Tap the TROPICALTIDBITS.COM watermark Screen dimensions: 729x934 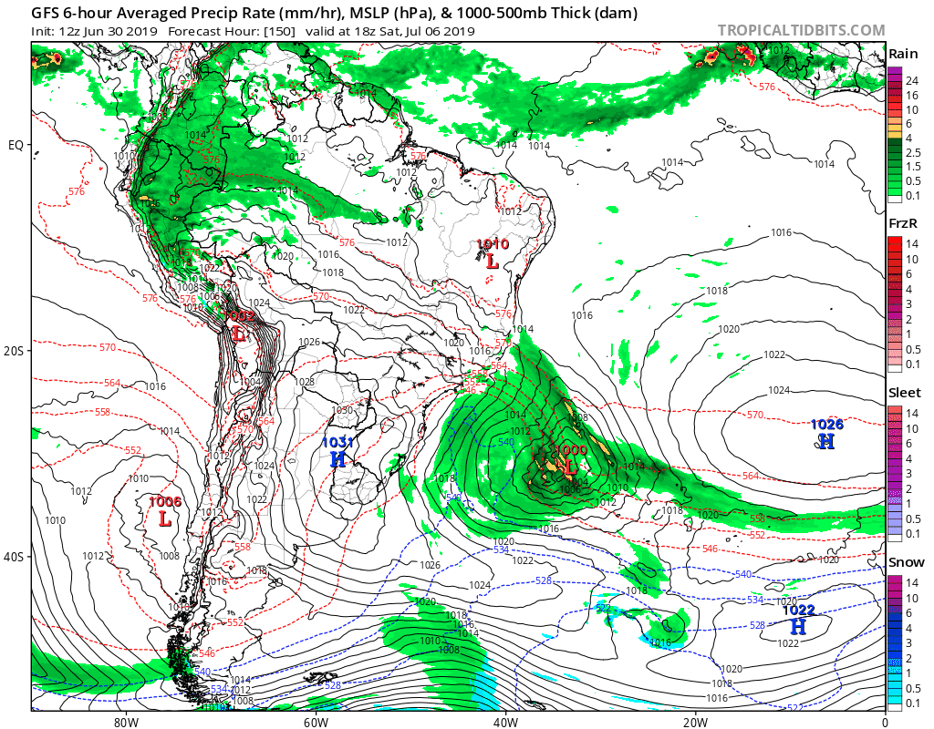click(800, 30)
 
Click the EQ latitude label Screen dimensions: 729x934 click(16, 145)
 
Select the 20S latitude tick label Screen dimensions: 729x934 click(16, 351)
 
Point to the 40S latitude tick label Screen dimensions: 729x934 click(16, 556)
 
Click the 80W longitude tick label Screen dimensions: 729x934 click(126, 721)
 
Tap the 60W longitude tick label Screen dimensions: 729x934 click(316, 721)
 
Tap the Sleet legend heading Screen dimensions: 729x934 click(904, 393)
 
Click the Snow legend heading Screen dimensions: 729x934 click(905, 562)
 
